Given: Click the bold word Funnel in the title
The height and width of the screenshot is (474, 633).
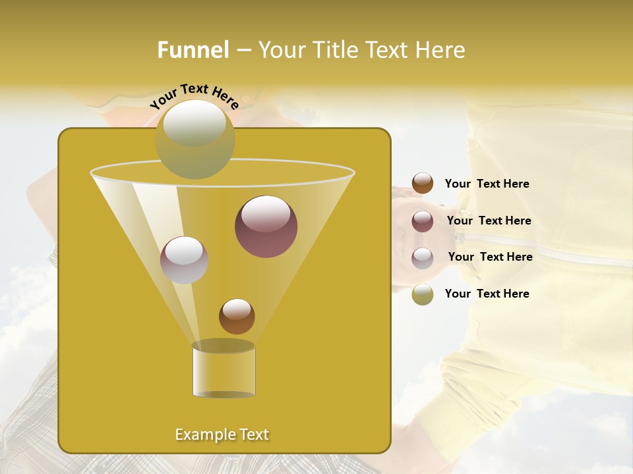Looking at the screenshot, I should coord(193,50).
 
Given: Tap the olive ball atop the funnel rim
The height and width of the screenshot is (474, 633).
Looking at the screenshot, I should coord(195,140).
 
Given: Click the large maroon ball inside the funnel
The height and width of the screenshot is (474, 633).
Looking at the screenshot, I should coord(266,226).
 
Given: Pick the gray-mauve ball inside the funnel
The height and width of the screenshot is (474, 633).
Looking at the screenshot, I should coord(184,260).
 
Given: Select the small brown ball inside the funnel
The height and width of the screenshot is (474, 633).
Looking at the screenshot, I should coord(237,317).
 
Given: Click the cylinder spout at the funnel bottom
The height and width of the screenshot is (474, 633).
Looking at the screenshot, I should coord(224,371).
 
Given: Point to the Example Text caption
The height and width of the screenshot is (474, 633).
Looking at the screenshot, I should coord(222,434).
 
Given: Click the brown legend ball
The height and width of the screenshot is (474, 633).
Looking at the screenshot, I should coord(423,184).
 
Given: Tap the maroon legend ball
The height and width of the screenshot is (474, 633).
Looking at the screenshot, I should coord(423,221).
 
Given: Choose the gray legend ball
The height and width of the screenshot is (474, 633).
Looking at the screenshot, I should coord(423,258).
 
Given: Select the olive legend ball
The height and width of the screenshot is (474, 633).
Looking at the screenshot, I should coord(423,294).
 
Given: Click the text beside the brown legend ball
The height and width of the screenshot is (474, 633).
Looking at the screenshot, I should coord(487,184).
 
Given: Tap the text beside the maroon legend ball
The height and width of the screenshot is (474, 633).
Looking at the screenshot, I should coord(489,221).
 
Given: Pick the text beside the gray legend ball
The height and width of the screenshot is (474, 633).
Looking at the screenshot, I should coord(490,257).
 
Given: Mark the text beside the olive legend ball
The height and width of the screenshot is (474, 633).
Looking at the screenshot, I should coord(487,294).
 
